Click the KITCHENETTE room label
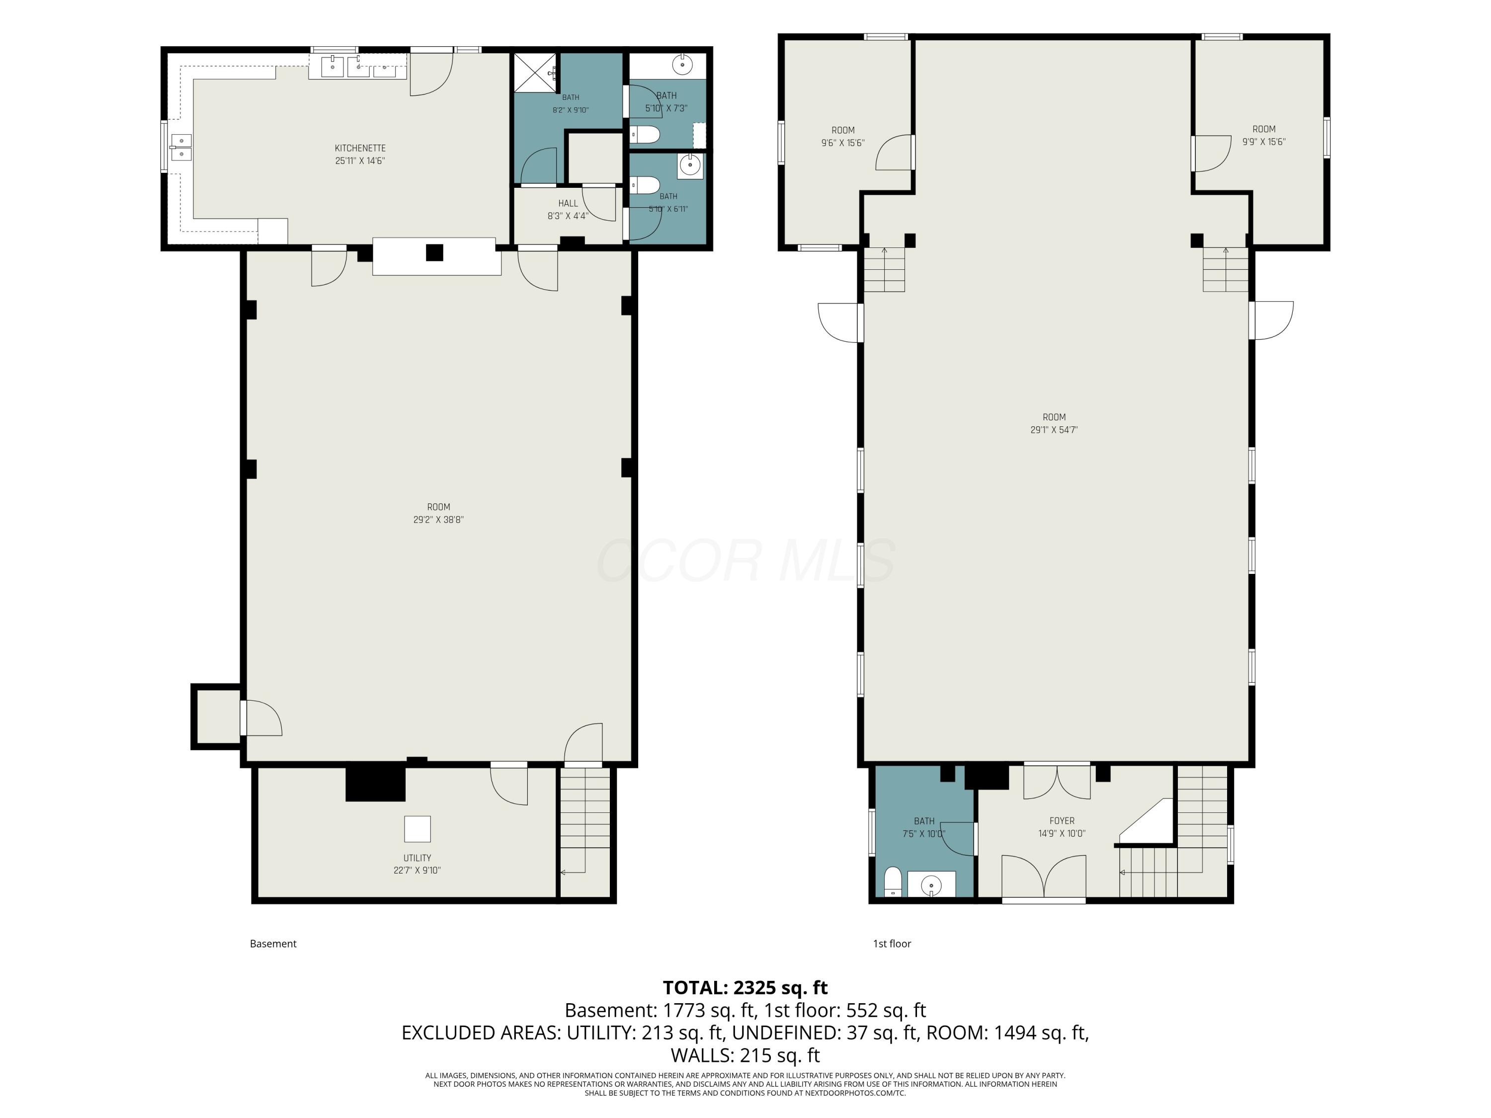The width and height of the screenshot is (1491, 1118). (360, 148)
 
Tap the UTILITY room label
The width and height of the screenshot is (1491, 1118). (417, 858)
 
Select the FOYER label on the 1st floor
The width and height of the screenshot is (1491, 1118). (1062, 821)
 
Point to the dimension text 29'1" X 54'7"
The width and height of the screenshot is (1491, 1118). (1054, 430)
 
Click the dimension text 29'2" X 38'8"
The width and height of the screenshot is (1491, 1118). (439, 520)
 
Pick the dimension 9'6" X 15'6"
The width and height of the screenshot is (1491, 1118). (842, 143)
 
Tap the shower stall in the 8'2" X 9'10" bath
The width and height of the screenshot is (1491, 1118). (536, 72)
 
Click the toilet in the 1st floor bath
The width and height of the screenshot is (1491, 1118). (893, 882)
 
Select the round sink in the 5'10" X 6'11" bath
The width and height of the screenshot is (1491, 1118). (689, 165)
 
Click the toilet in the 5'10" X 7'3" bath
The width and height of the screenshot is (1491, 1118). (645, 135)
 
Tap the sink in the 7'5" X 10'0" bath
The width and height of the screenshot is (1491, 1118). (931, 884)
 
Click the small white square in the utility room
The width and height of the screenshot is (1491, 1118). (417, 829)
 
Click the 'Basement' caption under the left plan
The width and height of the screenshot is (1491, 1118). (273, 944)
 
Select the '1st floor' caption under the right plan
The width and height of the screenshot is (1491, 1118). (892, 944)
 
